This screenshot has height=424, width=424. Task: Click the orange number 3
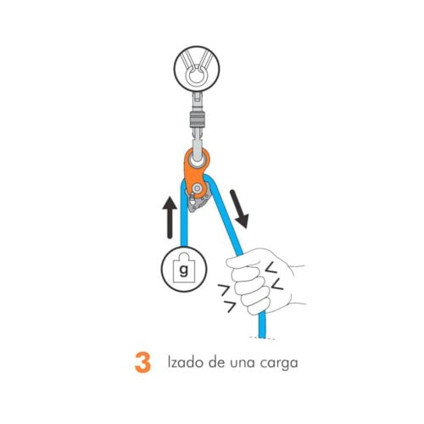pos(142,362)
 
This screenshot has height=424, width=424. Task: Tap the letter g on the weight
pos(181,271)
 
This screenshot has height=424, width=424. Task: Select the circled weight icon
pos(181,270)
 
